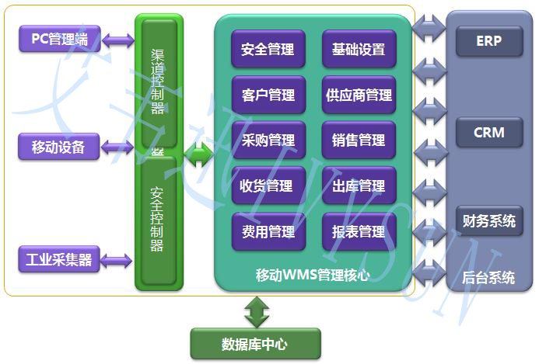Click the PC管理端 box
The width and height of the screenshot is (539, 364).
click(x=59, y=40)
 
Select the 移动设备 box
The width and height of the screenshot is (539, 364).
click(x=59, y=146)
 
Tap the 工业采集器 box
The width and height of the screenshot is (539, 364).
click(x=59, y=259)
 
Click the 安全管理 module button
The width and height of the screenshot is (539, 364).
click(x=268, y=50)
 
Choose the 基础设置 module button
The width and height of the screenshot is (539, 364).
click(x=359, y=50)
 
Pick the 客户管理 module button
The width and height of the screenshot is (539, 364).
click(x=268, y=95)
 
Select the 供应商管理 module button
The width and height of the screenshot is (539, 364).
click(x=359, y=95)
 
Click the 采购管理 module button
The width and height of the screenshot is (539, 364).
click(x=268, y=140)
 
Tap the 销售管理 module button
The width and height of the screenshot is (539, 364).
click(x=359, y=140)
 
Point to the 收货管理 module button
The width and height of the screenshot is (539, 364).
click(x=268, y=186)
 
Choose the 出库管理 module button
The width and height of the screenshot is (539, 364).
click(x=359, y=186)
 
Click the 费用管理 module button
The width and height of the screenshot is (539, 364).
click(x=268, y=231)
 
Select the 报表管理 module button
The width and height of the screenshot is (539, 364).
click(x=359, y=231)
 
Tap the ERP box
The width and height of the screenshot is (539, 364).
click(x=489, y=41)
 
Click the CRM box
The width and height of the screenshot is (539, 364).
click(x=489, y=133)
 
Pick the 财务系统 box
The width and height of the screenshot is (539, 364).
click(x=489, y=221)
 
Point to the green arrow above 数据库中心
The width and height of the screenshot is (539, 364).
click(x=255, y=312)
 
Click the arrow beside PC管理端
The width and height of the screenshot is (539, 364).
click(x=118, y=40)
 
